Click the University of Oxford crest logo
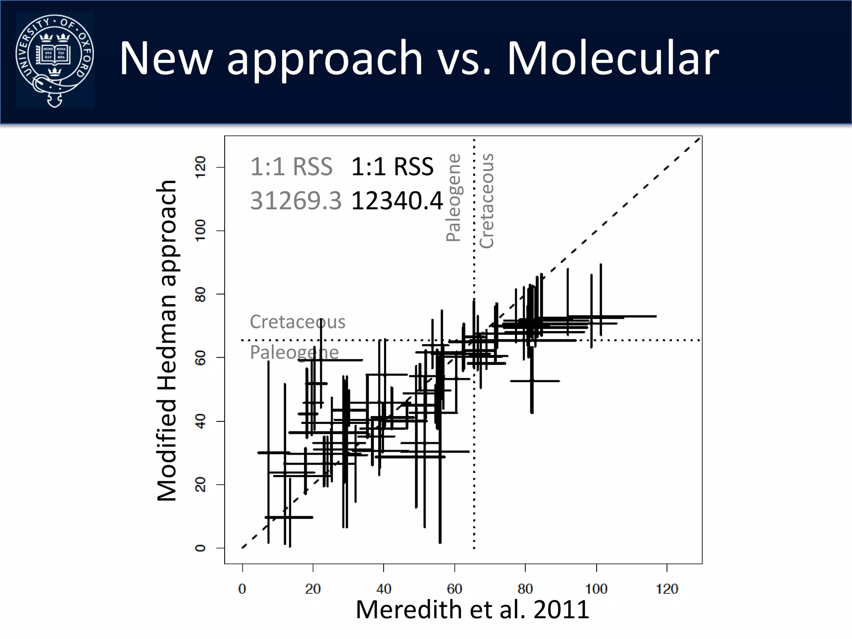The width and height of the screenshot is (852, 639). [x=54, y=60]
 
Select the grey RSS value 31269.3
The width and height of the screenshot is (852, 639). [x=295, y=201]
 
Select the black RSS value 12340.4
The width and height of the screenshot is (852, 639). [x=397, y=201]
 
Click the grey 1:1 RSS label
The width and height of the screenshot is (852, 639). [x=291, y=167]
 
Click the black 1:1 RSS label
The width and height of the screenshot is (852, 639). [x=392, y=167]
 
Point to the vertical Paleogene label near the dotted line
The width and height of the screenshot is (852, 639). [x=453, y=198]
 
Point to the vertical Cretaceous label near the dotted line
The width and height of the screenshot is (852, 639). [x=486, y=201]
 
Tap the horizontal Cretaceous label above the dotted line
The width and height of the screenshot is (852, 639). [x=297, y=322]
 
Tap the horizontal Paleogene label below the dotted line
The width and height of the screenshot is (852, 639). [x=294, y=352]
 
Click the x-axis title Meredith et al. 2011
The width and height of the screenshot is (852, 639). [x=472, y=610]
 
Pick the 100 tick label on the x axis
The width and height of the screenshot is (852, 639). [x=596, y=589]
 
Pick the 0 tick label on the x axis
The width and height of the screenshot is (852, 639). [x=242, y=589]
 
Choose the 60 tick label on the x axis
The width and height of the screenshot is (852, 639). [x=454, y=589]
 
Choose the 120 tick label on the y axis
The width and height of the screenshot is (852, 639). [x=201, y=167]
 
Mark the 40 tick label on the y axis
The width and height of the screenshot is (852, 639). [x=201, y=421]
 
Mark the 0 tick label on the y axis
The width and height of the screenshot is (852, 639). [x=201, y=548]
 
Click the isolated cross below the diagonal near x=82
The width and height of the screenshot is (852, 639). [x=532, y=381]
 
